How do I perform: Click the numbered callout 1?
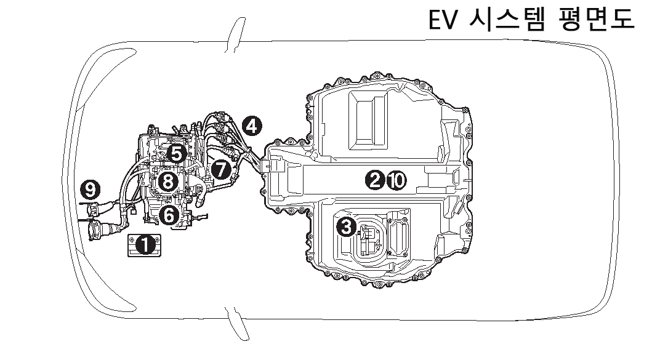point(145,245)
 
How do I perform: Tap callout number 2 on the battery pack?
point(374,180)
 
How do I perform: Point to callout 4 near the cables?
point(251,126)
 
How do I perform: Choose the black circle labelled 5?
point(177,153)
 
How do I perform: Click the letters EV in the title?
point(443,20)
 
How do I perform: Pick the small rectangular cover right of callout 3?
point(399,236)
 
